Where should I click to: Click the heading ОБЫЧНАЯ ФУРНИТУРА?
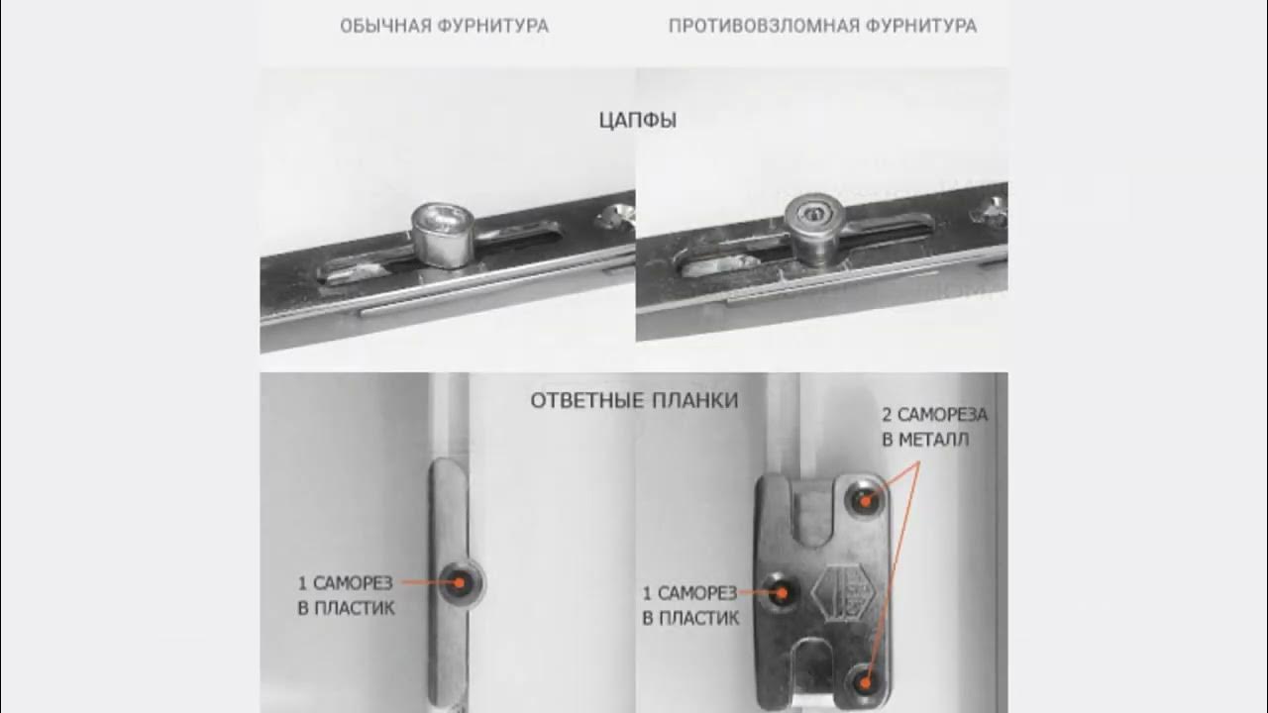pyautogui.click(x=445, y=26)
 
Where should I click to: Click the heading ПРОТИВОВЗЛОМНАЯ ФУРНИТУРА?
pyautogui.click(x=822, y=26)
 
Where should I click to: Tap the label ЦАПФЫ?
pyautogui.click(x=638, y=120)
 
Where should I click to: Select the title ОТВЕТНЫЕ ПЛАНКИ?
pyautogui.click(x=634, y=401)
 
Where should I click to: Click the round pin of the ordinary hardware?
pyautogui.click(x=442, y=235)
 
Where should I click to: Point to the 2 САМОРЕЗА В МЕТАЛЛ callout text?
pyautogui.click(x=934, y=427)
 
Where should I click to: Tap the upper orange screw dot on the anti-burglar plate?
pyautogui.click(x=865, y=501)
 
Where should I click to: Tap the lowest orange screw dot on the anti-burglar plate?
pyautogui.click(x=865, y=683)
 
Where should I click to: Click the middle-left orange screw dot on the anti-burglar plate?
pyautogui.click(x=782, y=593)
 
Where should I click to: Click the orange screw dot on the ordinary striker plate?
pyautogui.click(x=460, y=583)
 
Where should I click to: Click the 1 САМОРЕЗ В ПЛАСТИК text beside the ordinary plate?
pyautogui.click(x=346, y=595)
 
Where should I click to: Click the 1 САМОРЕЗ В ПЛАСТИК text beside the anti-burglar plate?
pyautogui.click(x=690, y=605)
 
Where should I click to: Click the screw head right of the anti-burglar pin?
pyautogui.click(x=988, y=211)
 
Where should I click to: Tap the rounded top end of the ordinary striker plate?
pyautogui.click(x=450, y=465)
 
